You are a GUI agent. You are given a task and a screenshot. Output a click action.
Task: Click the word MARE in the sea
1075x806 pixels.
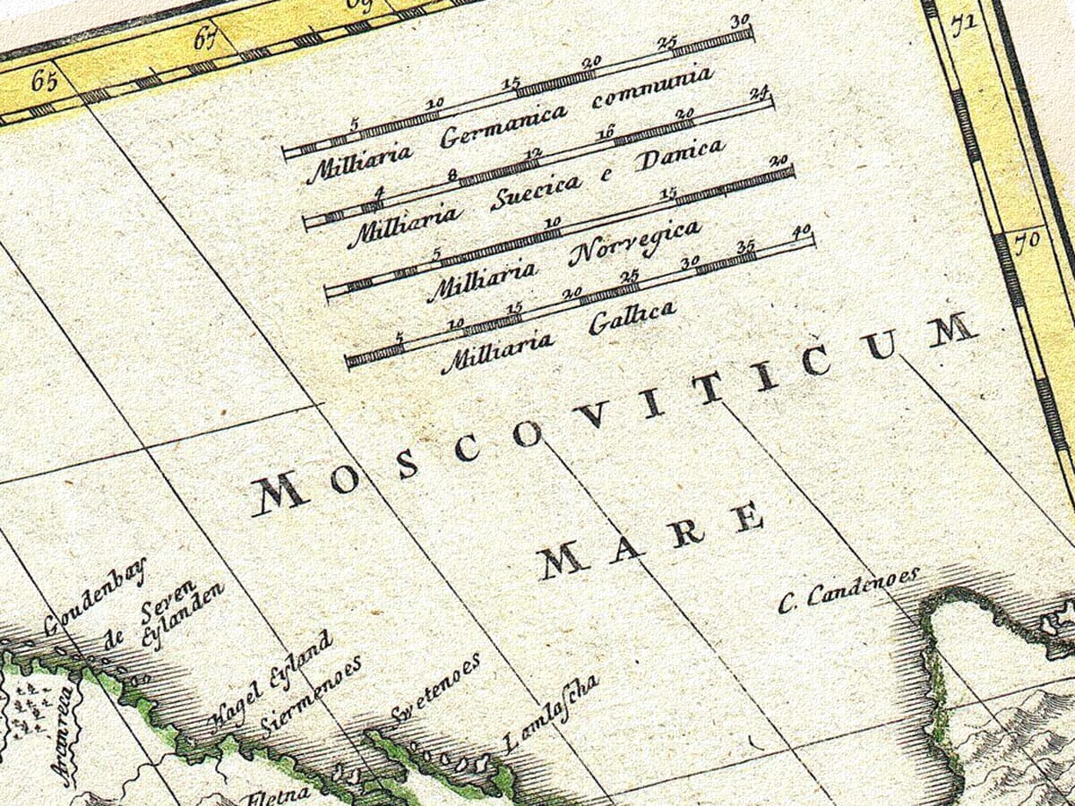[x=651, y=541]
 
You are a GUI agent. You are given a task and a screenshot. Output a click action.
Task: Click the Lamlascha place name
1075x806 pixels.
[x=550, y=714]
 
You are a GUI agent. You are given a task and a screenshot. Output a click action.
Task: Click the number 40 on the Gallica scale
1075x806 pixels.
[x=801, y=231]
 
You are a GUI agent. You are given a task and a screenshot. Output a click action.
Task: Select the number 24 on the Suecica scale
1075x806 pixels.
[x=760, y=93]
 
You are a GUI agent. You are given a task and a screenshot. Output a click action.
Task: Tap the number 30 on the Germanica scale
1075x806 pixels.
[x=739, y=21]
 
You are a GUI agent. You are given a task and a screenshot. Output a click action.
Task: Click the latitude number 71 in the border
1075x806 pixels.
[x=962, y=26]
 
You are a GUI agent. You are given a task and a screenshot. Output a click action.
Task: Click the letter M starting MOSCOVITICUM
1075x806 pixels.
[x=279, y=493]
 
